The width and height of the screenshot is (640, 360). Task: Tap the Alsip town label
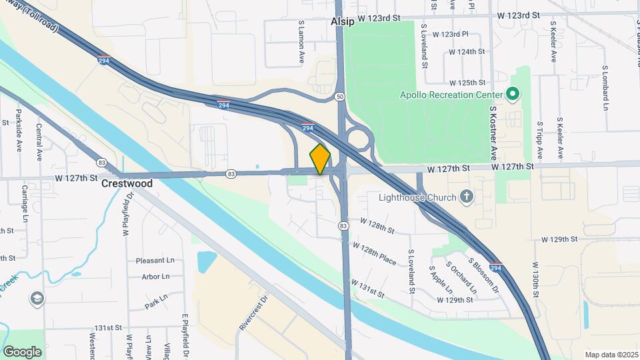343,21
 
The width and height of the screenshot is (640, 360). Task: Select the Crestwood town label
127,183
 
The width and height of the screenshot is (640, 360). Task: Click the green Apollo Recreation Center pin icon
513,95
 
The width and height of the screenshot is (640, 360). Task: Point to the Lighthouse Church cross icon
467,197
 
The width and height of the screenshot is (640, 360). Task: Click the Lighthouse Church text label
417,197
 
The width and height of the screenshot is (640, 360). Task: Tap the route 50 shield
340,97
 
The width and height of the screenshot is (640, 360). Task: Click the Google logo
22,351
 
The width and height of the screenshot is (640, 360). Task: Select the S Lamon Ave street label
301,42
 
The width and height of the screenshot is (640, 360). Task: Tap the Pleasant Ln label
154,261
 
